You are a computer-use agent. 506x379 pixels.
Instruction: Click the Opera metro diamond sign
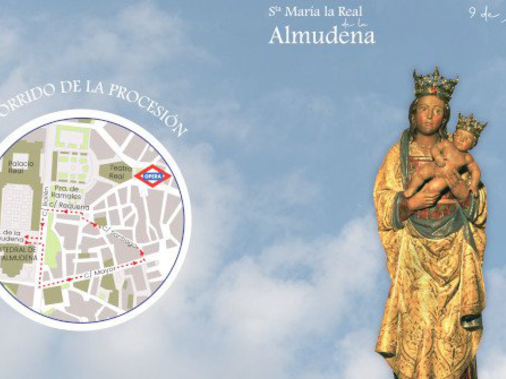pos(152,176)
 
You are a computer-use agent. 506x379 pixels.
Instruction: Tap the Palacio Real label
pos(21,167)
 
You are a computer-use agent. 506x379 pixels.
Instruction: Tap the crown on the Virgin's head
pos(434,83)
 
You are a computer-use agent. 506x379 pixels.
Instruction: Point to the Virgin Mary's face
pos(431,113)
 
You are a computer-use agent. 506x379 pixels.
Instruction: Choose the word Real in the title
pos(350,12)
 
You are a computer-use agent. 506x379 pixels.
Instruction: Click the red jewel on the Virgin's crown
pos(433,90)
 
